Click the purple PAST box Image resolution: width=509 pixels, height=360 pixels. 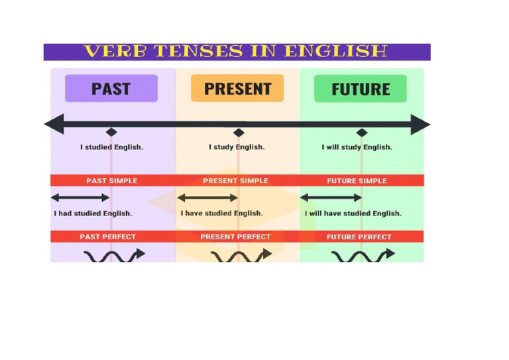point(111,88)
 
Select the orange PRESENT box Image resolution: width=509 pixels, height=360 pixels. point(237,88)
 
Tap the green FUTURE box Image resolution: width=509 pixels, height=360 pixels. point(361,88)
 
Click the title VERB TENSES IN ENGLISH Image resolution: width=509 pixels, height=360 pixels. point(236,52)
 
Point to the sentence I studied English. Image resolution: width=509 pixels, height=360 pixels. point(111,147)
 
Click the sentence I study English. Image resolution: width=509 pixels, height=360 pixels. point(237,147)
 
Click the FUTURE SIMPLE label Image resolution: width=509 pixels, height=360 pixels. point(357,180)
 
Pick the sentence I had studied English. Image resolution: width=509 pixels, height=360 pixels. point(93,213)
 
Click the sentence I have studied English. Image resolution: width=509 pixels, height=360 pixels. point(221,213)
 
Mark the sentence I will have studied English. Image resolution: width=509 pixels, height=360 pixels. point(353,213)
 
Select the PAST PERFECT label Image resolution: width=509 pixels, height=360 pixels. point(107,237)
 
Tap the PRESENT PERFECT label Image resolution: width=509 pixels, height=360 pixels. point(235,237)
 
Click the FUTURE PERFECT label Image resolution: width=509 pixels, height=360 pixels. point(359,237)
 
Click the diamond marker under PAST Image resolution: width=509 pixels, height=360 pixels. point(111,133)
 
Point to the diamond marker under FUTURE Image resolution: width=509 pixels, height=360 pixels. point(361,133)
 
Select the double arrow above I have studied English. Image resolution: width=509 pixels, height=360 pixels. point(207,198)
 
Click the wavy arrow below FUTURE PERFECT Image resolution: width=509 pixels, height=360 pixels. point(363,256)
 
